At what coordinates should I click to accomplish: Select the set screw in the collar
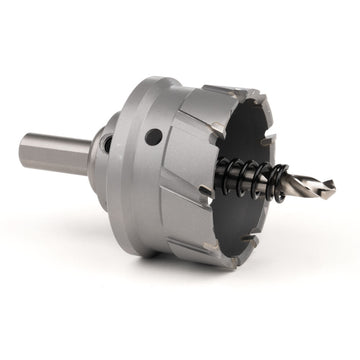[106, 144]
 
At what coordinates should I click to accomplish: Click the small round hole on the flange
[153, 136]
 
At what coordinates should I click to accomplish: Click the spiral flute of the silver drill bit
[305, 186]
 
